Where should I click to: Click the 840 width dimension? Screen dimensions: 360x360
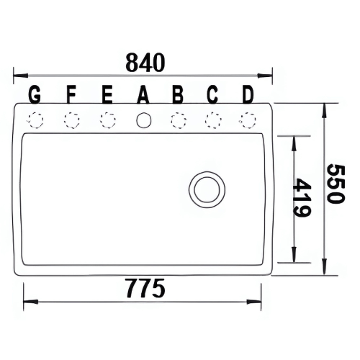[145, 63]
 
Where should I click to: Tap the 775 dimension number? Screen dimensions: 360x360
[145, 288]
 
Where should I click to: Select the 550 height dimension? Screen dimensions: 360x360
[336, 184]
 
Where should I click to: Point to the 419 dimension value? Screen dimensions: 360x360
[302, 197]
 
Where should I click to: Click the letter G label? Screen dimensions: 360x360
[35, 94]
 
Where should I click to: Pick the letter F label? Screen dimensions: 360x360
[71, 94]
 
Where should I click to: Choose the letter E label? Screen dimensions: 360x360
[107, 94]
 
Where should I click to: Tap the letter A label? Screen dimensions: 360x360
[143, 94]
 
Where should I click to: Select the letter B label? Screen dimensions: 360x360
[178, 94]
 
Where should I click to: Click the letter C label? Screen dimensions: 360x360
[212, 94]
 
